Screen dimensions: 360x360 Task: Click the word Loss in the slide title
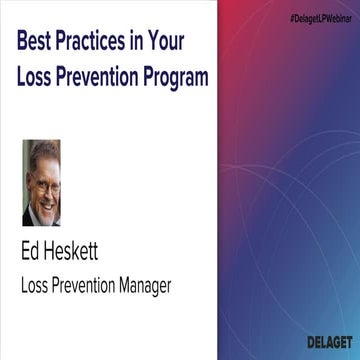38,75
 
